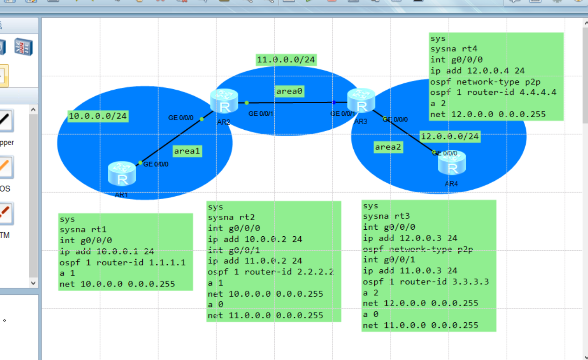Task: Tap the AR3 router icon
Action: click(361, 100)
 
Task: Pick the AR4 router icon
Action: click(451, 163)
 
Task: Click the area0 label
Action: click(290, 91)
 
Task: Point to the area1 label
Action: click(187, 151)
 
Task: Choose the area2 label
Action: click(388, 147)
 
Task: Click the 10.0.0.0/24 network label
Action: click(98, 116)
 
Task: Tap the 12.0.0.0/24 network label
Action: click(449, 136)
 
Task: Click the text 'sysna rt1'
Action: click(83, 229)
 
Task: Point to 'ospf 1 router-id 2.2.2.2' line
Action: click(271, 272)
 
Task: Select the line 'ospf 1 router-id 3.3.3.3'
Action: click(426, 281)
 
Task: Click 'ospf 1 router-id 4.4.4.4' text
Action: click(493, 92)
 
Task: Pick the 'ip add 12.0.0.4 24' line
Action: click(477, 71)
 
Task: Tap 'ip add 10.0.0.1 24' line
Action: click(107, 251)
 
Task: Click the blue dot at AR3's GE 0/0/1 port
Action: click(334, 102)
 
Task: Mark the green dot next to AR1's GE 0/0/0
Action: click(140, 162)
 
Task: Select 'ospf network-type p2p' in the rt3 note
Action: click(418, 249)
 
